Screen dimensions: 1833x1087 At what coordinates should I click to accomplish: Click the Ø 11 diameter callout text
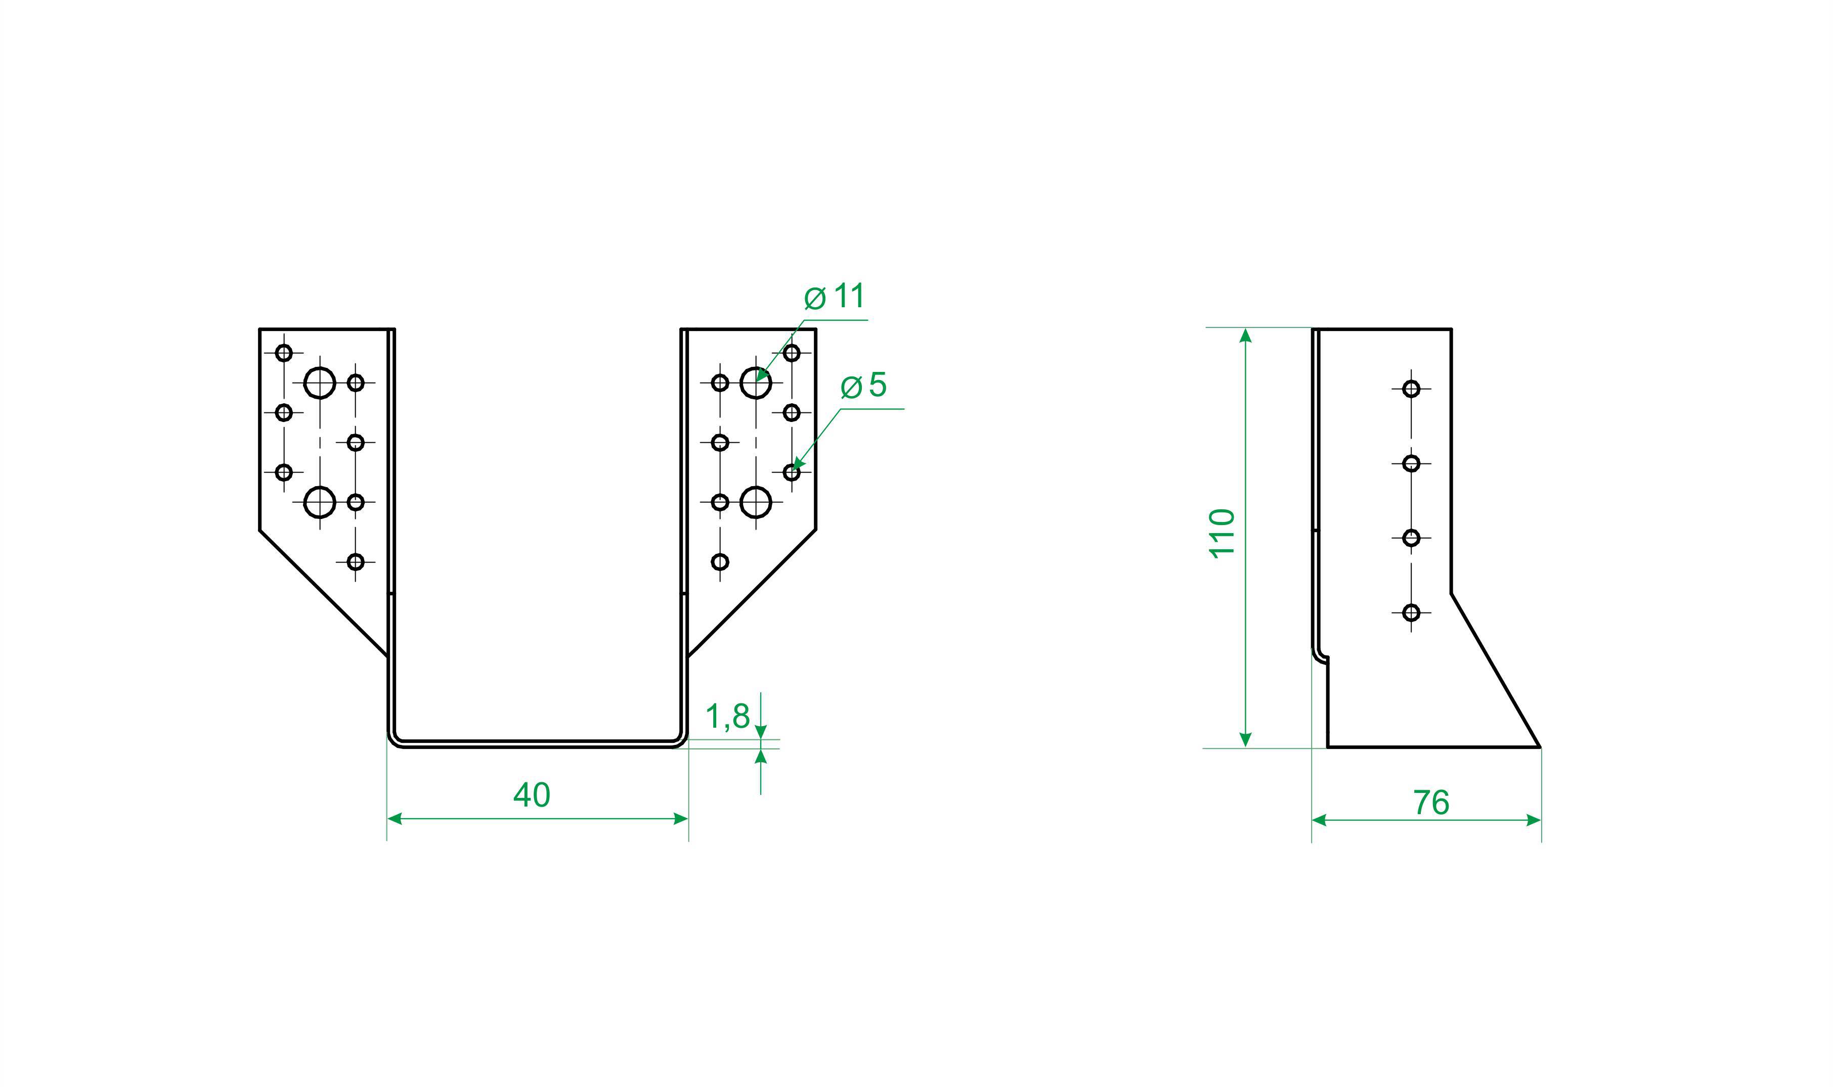click(835, 297)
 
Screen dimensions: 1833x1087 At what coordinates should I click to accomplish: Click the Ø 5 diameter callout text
click(863, 385)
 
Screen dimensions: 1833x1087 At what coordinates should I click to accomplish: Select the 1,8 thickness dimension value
click(727, 717)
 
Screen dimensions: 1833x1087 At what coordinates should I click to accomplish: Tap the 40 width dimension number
click(532, 795)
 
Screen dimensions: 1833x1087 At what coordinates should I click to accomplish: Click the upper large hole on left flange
click(320, 383)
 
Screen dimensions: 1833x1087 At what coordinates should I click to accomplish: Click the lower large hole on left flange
click(320, 502)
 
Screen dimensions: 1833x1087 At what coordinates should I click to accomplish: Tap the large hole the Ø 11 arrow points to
click(756, 383)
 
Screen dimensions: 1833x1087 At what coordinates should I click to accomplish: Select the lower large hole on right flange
click(756, 502)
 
